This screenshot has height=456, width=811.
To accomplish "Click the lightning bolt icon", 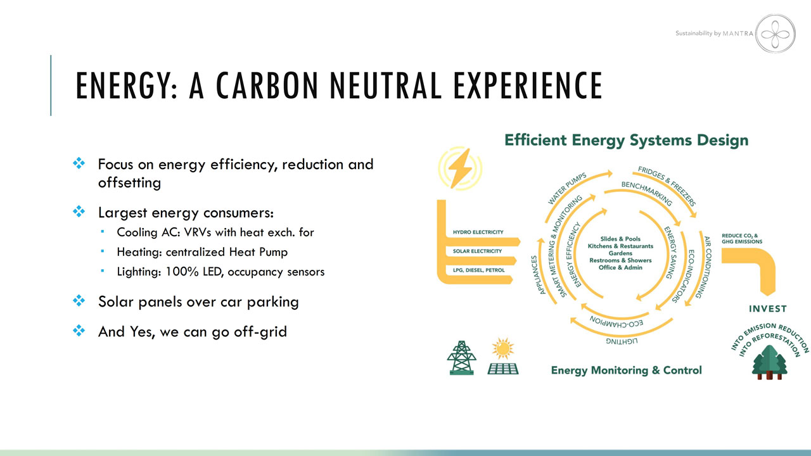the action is point(460,168).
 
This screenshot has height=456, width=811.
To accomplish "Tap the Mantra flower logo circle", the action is point(775,34).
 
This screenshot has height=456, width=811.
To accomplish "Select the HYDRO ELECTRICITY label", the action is point(478,232).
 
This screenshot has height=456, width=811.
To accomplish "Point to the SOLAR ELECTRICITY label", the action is point(477,251).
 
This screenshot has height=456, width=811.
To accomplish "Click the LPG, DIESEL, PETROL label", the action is point(478,270).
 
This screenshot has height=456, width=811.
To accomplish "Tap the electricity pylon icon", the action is point(461,358).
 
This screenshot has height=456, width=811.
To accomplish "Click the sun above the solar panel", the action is point(503,348).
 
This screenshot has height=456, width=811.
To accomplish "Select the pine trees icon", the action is point(769,362).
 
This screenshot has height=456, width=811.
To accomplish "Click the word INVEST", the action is point(767,308).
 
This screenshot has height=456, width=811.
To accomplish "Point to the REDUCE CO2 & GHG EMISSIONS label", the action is point(742,239).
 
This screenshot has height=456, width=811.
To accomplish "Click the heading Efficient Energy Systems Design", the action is point(627,141).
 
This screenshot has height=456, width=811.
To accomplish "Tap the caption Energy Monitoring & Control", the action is point(627,370).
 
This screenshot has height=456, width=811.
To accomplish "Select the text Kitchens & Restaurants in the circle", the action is point(620,246).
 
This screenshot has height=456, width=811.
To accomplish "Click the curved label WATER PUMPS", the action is point(566,189).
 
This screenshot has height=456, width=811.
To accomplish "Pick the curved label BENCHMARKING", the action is point(647,193).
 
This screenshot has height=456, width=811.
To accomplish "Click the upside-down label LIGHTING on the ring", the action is point(622,341).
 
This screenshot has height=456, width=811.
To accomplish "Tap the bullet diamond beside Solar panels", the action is point(79,300).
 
